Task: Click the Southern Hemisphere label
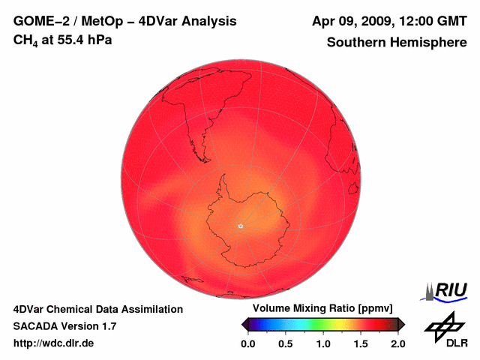(397, 43)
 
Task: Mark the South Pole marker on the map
(240, 226)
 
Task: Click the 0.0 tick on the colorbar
(247, 343)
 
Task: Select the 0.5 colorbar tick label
(286, 343)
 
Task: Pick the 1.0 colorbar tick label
(323, 343)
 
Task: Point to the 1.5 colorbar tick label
(361, 343)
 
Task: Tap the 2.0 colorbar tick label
(397, 343)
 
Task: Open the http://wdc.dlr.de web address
(54, 343)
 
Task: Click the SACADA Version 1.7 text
(64, 326)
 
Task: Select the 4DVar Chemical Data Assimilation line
(97, 309)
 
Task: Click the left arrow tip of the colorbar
(243, 324)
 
